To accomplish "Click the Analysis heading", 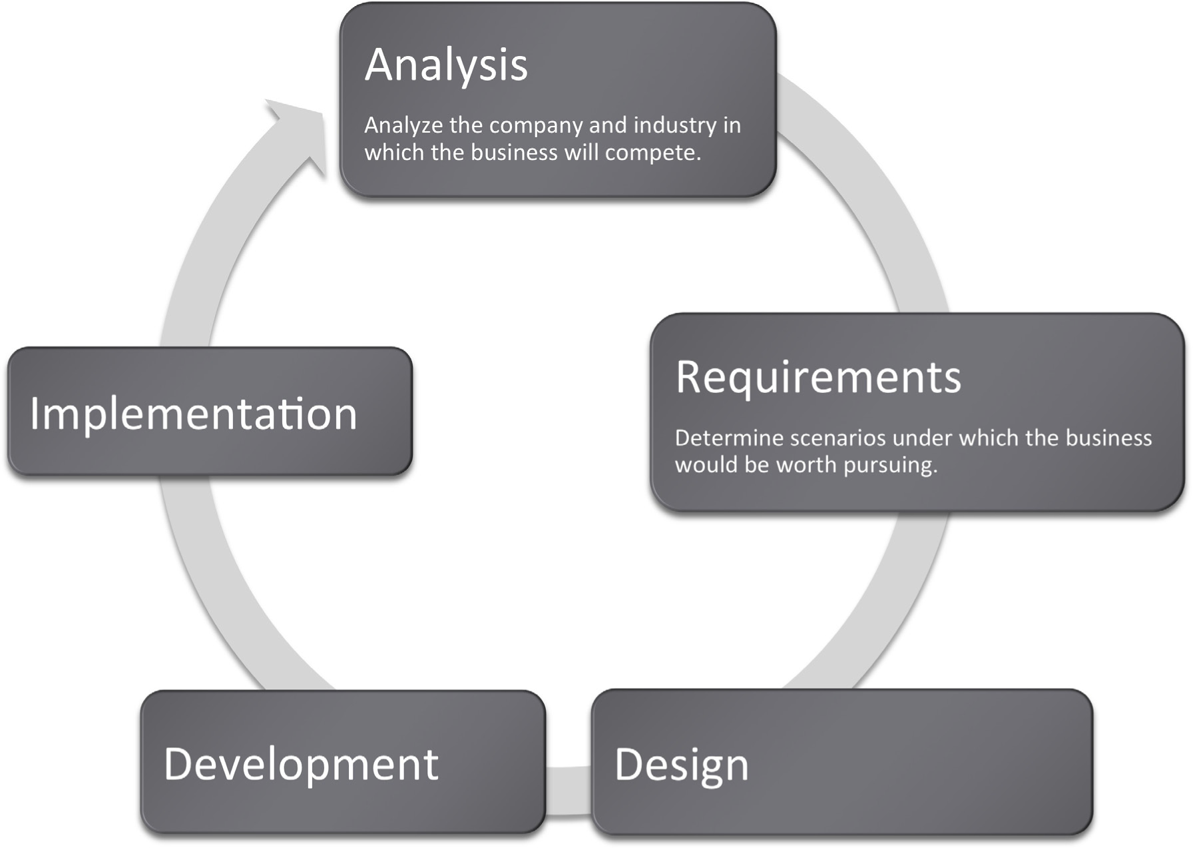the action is [x=446, y=66].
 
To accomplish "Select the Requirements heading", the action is [x=818, y=378].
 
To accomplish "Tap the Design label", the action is [x=681, y=766].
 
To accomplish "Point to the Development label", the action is [x=301, y=765].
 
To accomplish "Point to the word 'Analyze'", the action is [x=403, y=126].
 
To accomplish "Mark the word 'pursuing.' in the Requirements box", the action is [x=891, y=466].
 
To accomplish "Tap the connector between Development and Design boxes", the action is [x=569, y=791].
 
